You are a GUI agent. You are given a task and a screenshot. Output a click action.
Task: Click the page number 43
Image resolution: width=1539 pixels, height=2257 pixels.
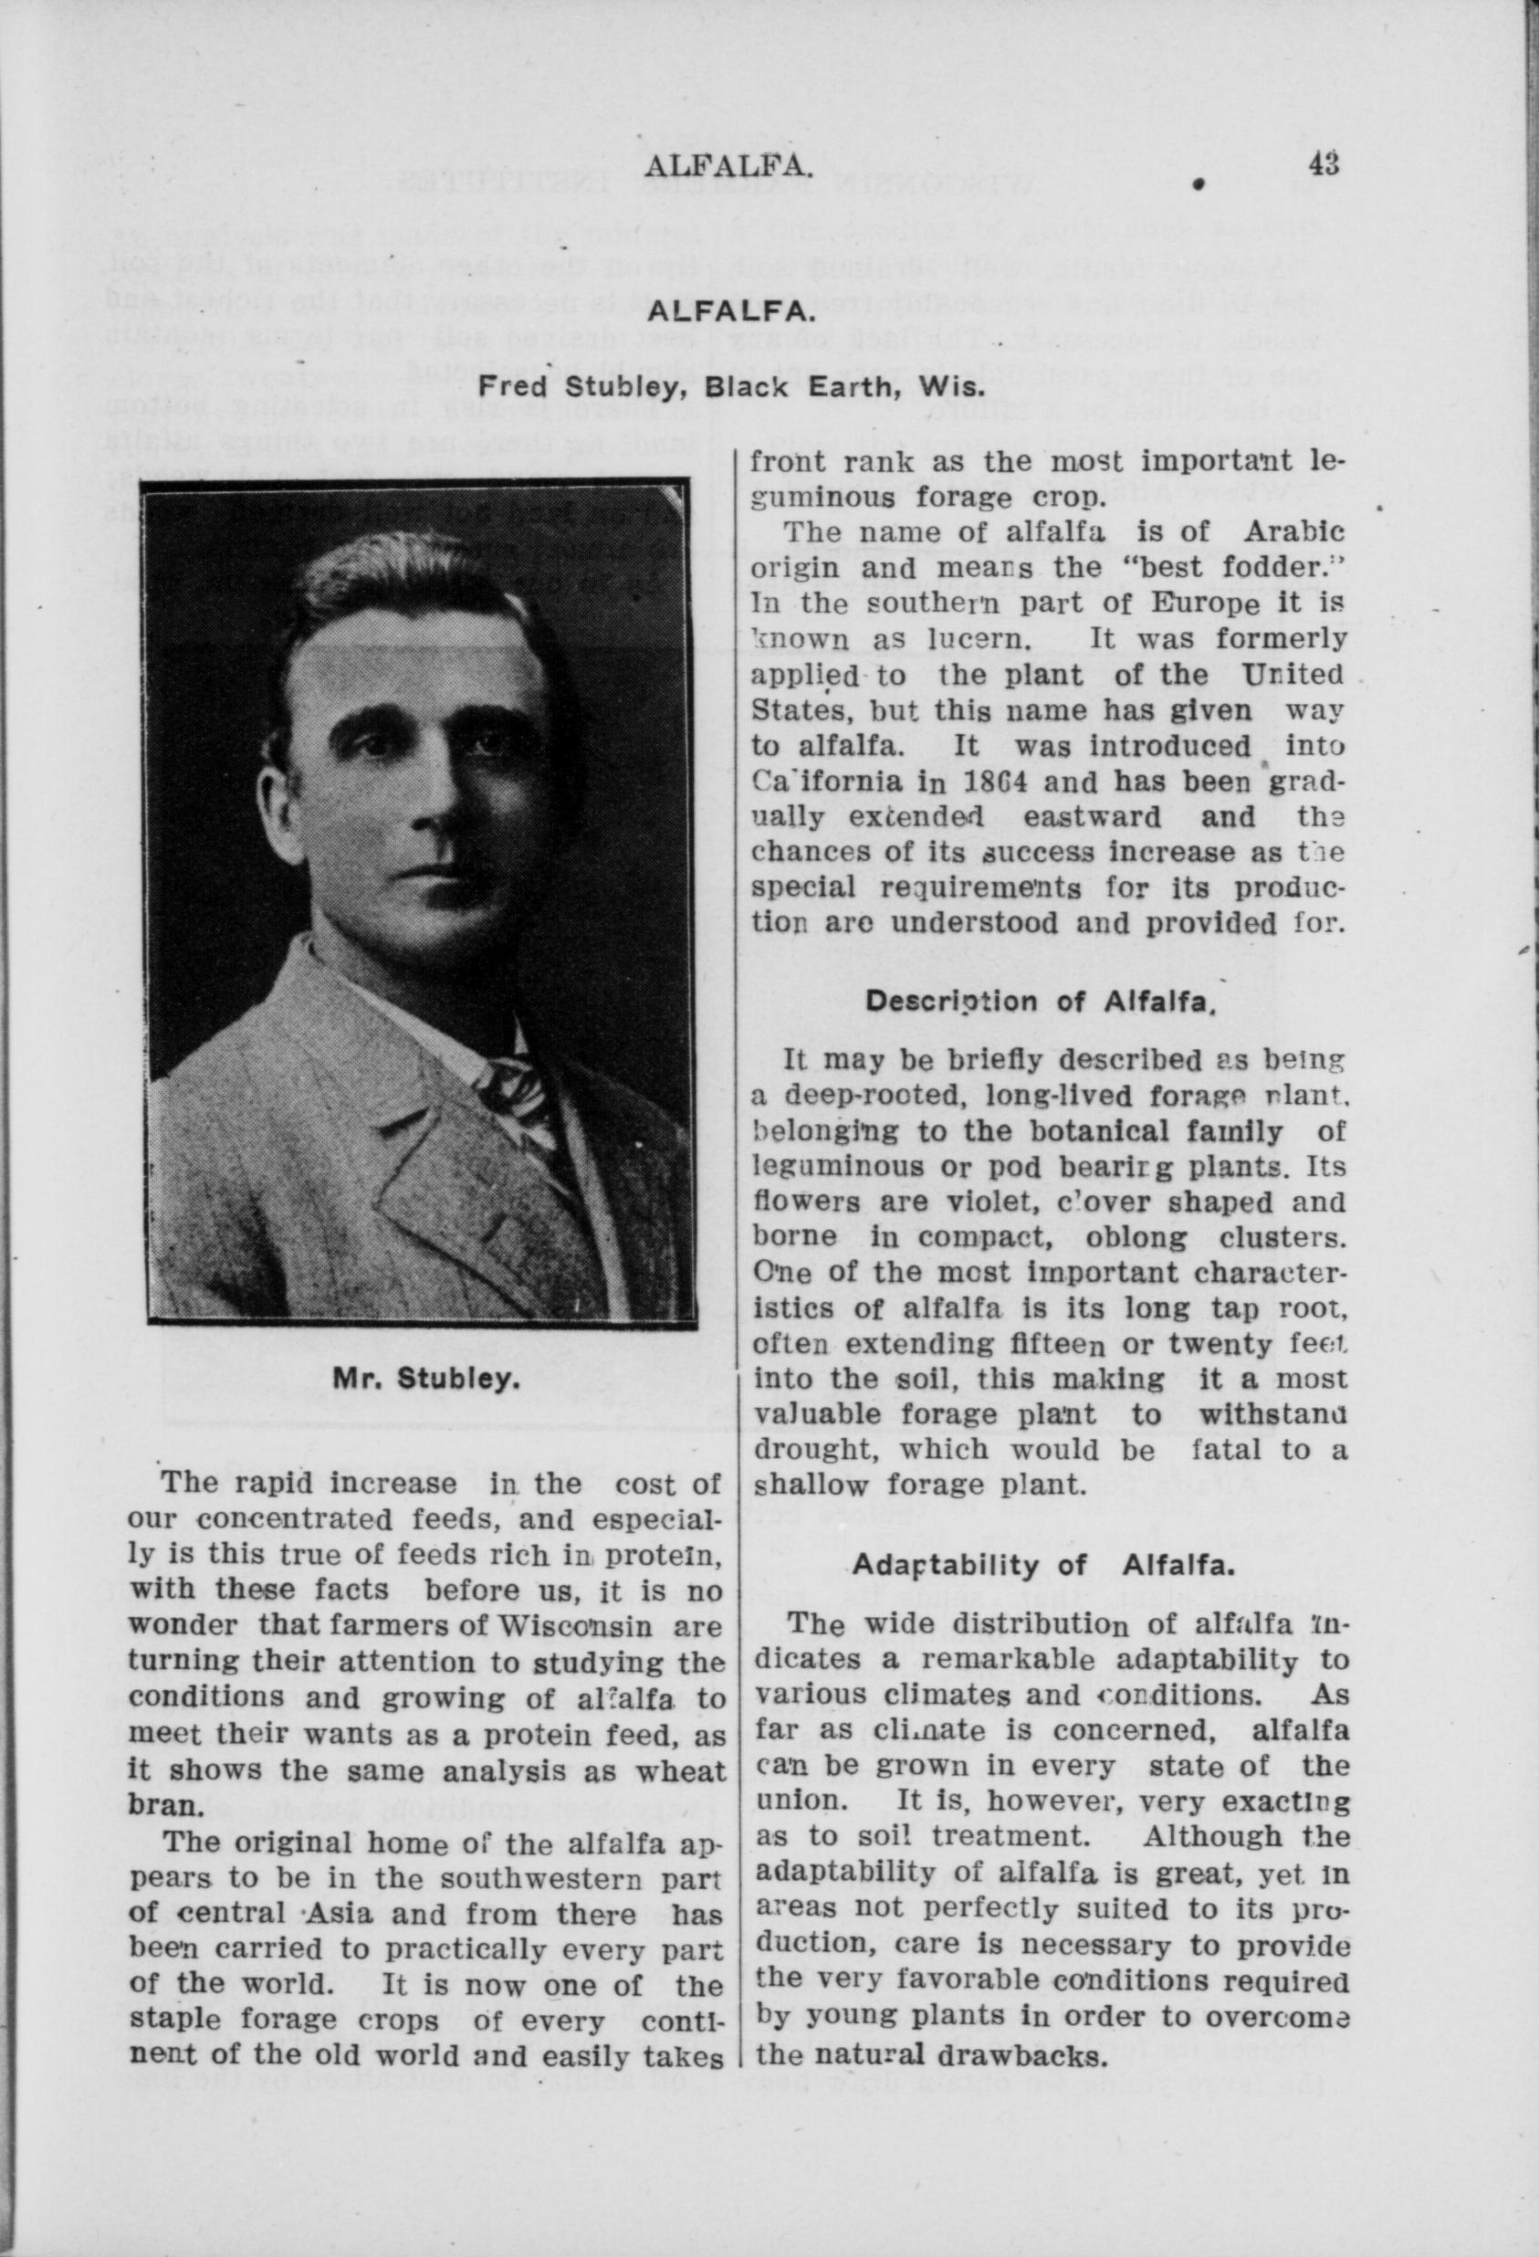pyautogui.click(x=1323, y=163)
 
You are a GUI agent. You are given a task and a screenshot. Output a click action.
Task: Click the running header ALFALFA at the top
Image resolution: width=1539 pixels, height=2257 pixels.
pyautogui.click(x=728, y=167)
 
